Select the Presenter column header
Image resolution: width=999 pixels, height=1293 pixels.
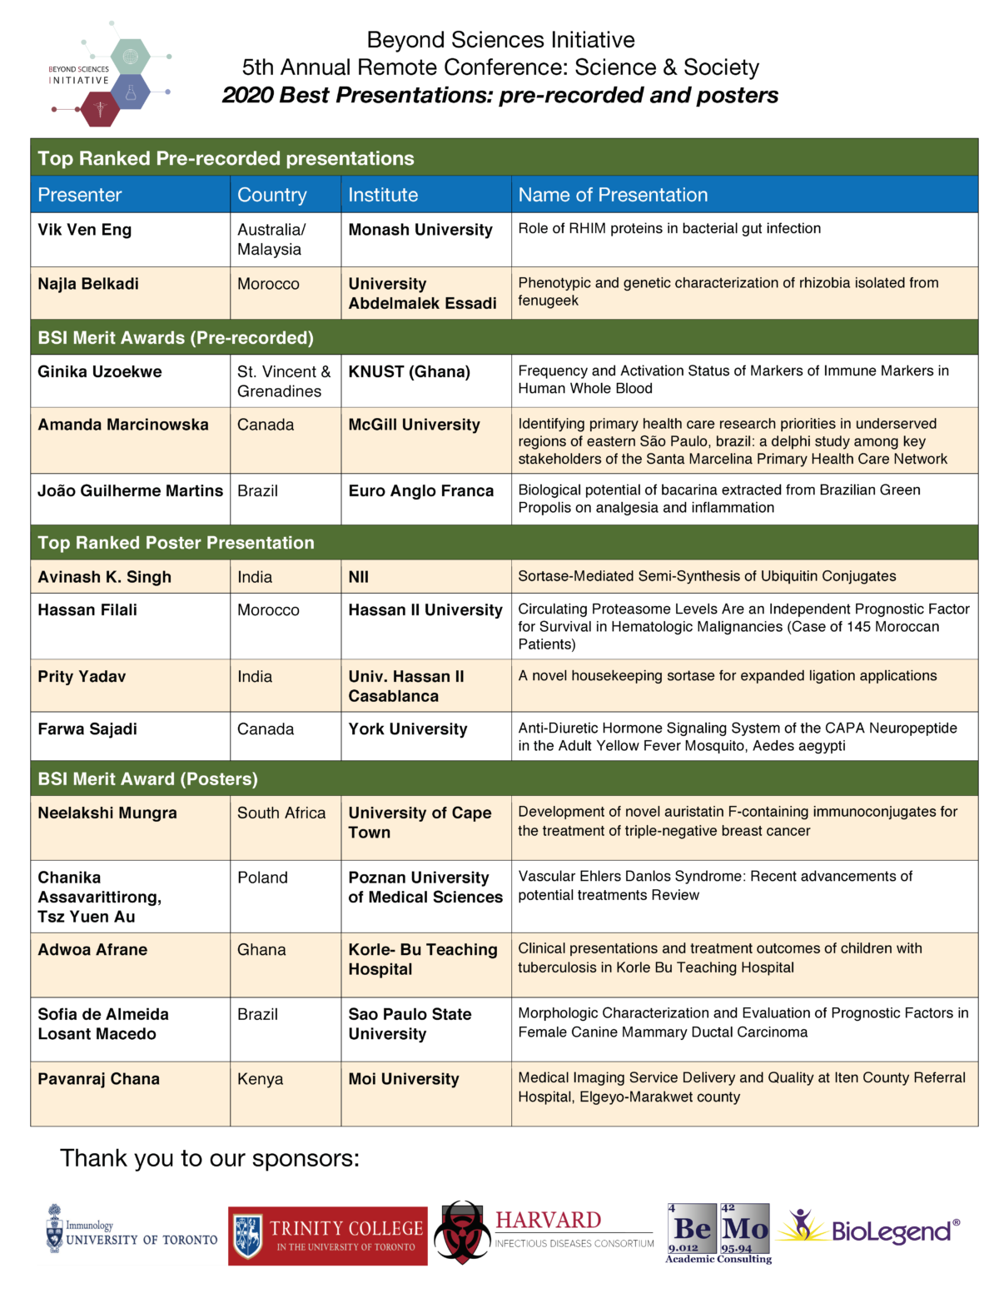point(80,195)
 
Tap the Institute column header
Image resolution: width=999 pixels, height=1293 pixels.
point(383,195)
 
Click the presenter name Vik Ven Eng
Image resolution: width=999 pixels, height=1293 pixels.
point(85,230)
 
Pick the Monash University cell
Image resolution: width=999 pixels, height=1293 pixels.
point(420,230)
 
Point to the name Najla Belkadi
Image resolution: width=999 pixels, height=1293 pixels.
point(88,284)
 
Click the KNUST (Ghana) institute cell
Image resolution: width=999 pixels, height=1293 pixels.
point(410,372)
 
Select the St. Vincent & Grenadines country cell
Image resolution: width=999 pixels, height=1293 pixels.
point(284,381)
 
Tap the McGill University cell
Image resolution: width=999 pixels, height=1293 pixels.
point(415,425)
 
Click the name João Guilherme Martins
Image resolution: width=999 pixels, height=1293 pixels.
point(131,491)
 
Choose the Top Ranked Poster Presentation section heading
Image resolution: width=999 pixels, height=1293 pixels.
point(176,543)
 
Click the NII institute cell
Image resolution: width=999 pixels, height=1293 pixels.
point(359,577)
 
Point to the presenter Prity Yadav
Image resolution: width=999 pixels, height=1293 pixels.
point(82,677)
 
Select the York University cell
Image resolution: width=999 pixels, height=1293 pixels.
point(408,729)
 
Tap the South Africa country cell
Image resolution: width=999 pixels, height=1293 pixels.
point(281,813)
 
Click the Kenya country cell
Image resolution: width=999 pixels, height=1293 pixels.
point(261,1079)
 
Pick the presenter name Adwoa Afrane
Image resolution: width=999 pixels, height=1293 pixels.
point(92,950)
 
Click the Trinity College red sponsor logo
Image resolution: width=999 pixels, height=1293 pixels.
point(328,1236)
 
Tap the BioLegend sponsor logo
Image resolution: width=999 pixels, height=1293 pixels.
point(870,1231)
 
